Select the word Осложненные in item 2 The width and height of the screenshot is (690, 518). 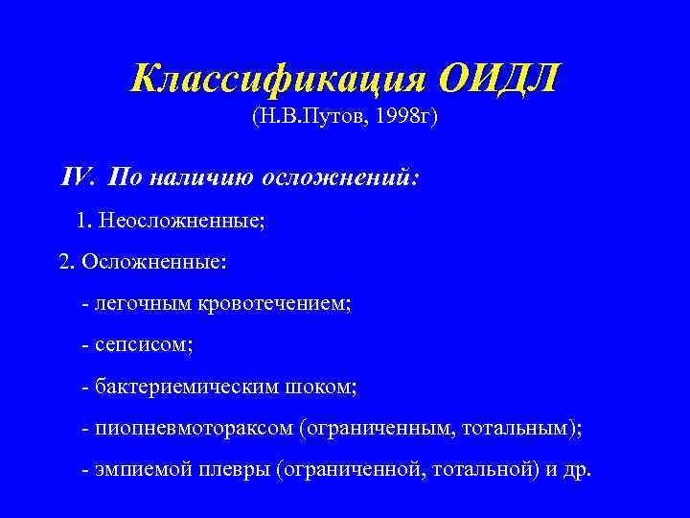point(154,262)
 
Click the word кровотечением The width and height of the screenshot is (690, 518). point(275,303)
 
